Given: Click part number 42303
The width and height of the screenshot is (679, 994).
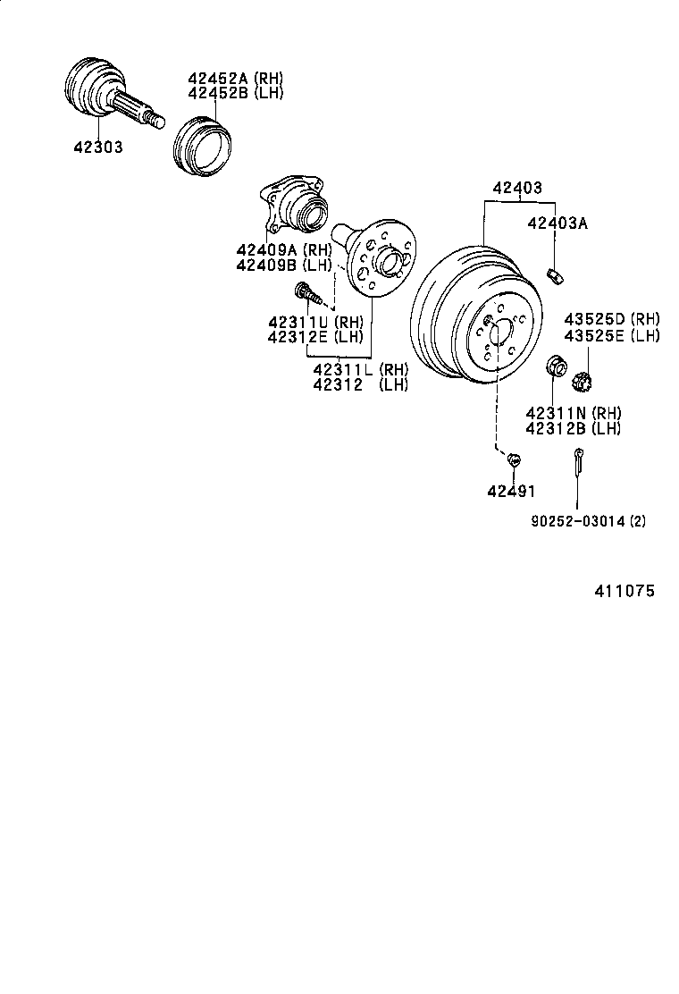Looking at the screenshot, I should (98, 147).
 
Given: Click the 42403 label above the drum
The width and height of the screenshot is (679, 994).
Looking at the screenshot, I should (517, 188).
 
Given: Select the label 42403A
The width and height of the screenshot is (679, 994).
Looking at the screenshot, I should (557, 223).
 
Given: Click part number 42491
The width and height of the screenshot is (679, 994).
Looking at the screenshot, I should (511, 491).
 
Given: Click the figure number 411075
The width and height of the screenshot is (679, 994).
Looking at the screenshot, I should (625, 591).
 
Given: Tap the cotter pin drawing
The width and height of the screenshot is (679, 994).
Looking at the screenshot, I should (578, 463).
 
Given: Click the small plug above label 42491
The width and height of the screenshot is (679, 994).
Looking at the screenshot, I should (513, 459).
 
